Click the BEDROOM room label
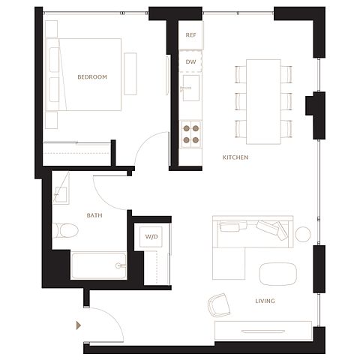point(92,77)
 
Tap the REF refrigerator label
point(190,35)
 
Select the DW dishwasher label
point(190,61)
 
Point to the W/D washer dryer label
point(151,236)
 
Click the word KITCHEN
point(235,157)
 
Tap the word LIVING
point(265,301)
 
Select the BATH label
point(94,215)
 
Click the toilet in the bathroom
point(65,230)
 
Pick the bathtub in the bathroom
point(99,265)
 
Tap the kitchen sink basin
point(191,88)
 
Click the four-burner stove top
point(191,134)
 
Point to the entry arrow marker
point(79,325)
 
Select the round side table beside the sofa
point(303,234)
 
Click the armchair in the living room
point(219,305)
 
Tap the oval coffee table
point(278,274)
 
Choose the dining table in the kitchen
point(263,102)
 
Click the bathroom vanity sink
point(61,194)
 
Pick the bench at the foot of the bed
point(130,73)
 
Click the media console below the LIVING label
point(263,331)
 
